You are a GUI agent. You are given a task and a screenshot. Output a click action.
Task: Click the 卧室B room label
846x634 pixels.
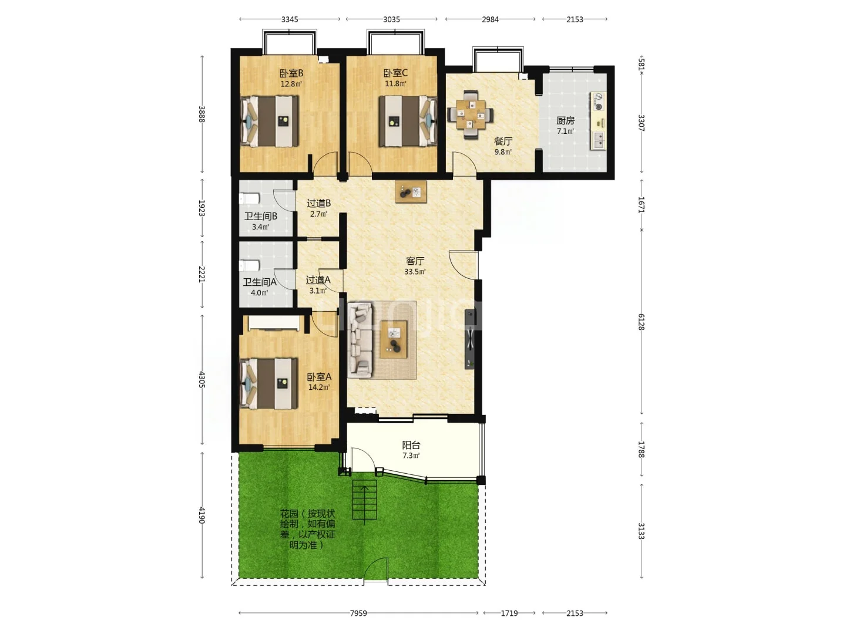click(291, 73)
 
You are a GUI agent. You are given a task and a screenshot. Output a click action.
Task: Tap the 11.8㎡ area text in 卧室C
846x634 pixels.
click(395, 83)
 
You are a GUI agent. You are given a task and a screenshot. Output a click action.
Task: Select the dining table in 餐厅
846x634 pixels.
click(470, 114)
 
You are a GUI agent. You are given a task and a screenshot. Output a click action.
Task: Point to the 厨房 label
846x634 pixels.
click(565, 120)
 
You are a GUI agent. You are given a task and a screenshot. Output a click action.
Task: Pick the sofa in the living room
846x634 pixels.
click(360, 340)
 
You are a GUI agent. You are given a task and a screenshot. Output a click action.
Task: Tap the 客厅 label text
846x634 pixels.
click(415, 261)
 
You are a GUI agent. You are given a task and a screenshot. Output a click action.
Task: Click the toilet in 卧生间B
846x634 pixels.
click(249, 199)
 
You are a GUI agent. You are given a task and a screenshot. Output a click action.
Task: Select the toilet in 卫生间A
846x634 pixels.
click(249, 265)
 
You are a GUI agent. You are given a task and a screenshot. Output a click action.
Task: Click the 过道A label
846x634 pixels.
click(318, 280)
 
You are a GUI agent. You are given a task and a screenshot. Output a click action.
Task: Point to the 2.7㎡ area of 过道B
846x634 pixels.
click(319, 214)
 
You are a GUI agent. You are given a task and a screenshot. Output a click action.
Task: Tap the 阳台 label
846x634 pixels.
click(411, 445)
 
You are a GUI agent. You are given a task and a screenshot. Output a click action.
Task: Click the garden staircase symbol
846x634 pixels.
click(364, 500)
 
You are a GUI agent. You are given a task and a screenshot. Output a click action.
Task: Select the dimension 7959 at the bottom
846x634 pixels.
click(358, 613)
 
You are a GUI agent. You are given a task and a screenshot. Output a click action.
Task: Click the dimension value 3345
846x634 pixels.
click(290, 19)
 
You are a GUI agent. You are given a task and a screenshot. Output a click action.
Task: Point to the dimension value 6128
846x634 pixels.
click(641, 322)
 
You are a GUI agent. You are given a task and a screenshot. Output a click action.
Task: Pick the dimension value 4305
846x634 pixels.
click(202, 380)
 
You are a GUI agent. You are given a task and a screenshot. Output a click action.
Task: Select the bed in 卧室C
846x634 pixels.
click(408, 122)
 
